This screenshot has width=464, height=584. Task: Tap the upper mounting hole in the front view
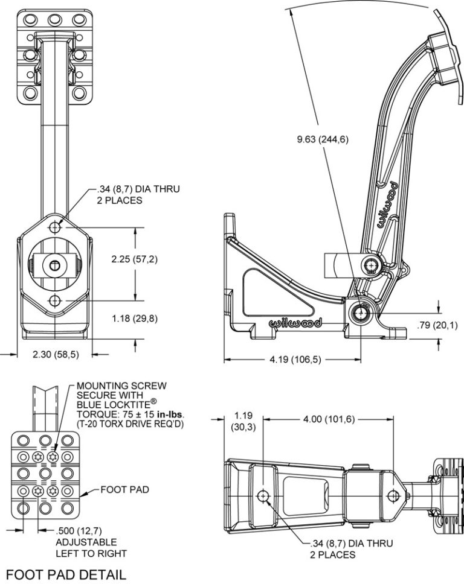(56, 227)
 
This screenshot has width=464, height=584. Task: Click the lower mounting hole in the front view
(56, 300)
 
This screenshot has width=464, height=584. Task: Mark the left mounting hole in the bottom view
(264, 496)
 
